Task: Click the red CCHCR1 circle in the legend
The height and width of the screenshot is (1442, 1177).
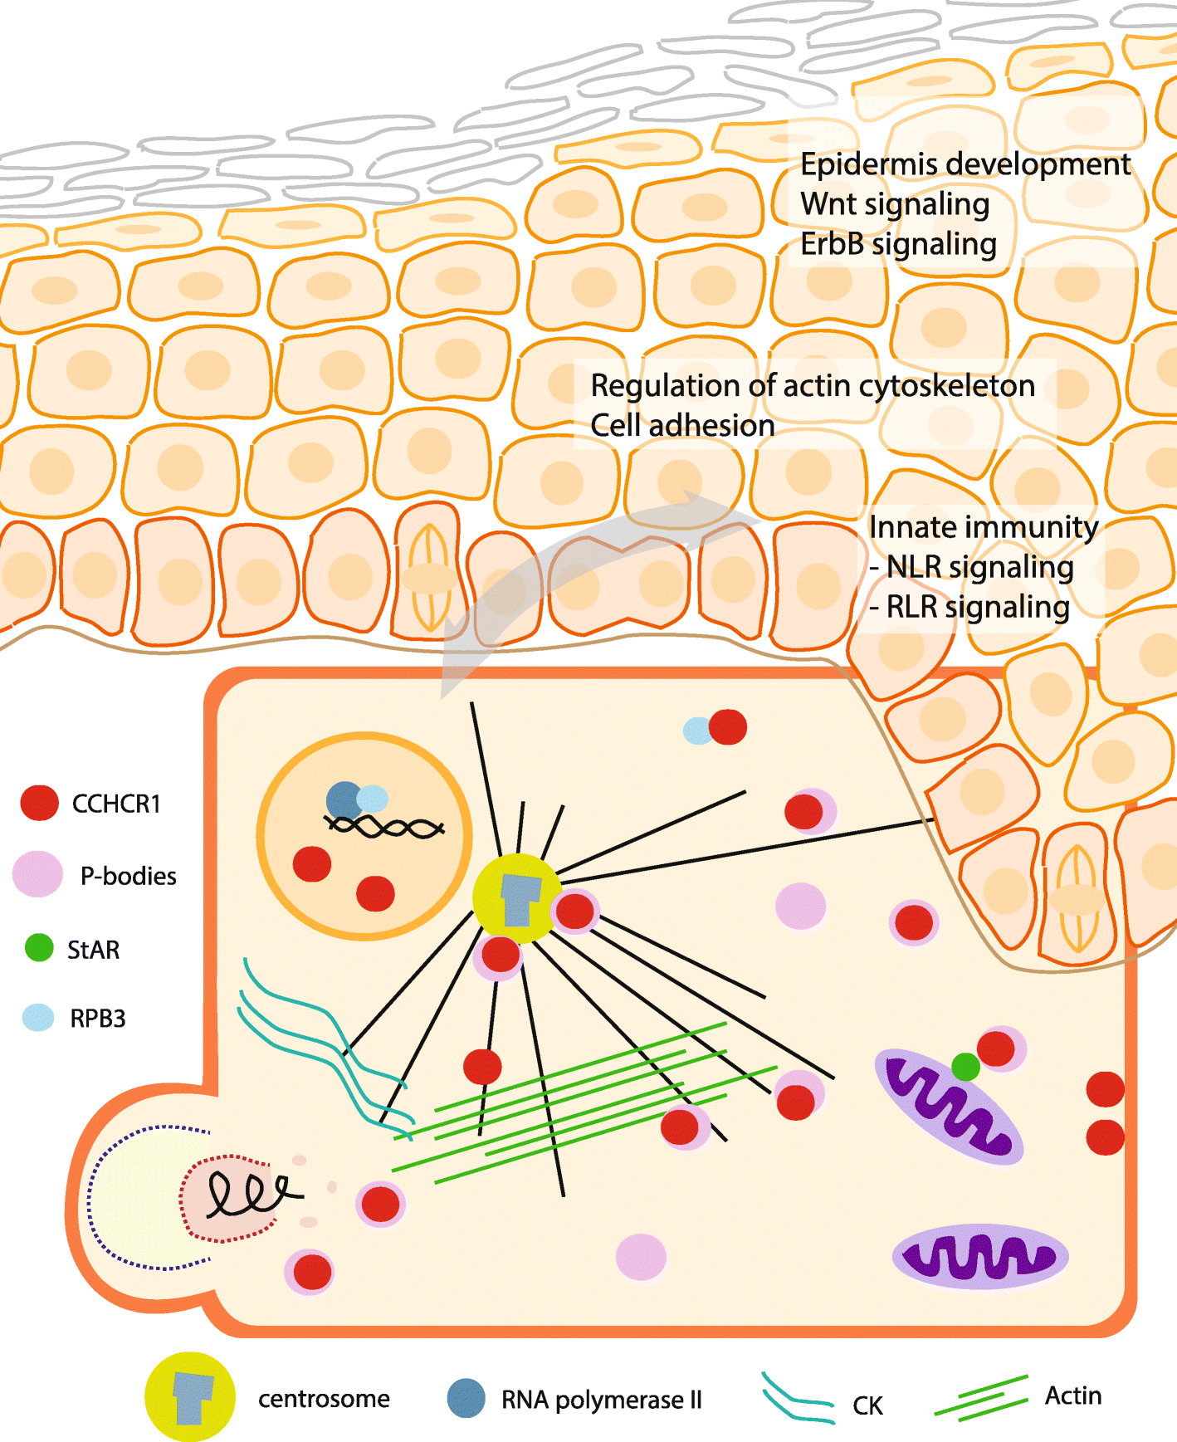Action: tap(39, 803)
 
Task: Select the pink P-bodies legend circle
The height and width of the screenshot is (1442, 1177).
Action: tap(38, 874)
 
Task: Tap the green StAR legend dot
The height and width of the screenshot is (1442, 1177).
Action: tap(39, 947)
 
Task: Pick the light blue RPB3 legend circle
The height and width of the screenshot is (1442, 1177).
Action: tap(38, 1017)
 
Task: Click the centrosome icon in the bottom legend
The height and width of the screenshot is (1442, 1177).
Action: tap(190, 1397)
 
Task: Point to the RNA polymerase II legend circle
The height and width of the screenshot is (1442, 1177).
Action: tap(466, 1398)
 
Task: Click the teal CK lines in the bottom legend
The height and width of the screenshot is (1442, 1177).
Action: tap(797, 1400)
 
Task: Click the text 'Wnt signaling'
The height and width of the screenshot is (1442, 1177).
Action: tap(895, 204)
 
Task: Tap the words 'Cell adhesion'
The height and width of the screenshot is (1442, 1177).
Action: tap(682, 426)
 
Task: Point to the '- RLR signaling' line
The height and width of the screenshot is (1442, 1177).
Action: tap(969, 607)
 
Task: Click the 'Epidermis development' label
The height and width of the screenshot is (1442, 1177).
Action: tap(965, 164)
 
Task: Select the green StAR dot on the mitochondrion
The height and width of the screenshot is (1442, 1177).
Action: tap(965, 1066)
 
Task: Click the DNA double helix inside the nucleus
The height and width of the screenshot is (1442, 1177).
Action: tap(384, 827)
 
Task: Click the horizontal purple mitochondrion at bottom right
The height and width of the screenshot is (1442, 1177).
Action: tap(979, 1256)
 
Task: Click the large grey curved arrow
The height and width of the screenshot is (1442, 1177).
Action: tap(581, 565)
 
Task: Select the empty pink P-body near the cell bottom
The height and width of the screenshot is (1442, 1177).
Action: tap(641, 1256)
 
